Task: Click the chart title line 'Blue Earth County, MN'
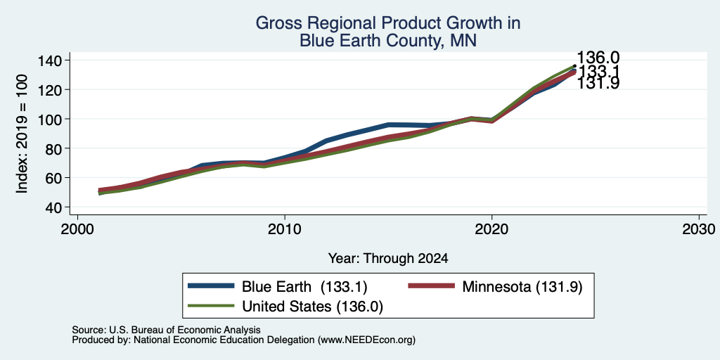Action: [388, 41]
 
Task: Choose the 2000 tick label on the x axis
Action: [77, 229]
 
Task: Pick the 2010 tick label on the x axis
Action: [285, 229]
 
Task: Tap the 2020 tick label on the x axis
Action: [491, 229]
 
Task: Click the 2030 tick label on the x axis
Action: [698, 229]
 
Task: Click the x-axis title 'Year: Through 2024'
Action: [388, 259]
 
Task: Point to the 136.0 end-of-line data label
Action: [598, 58]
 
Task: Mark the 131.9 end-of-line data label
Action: [598, 84]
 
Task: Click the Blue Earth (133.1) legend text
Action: [304, 287]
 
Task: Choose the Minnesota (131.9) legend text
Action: [522, 287]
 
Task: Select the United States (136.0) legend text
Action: [312, 307]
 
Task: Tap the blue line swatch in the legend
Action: [211, 286]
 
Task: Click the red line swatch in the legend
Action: [431, 286]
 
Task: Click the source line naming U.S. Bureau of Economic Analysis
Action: [166, 330]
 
